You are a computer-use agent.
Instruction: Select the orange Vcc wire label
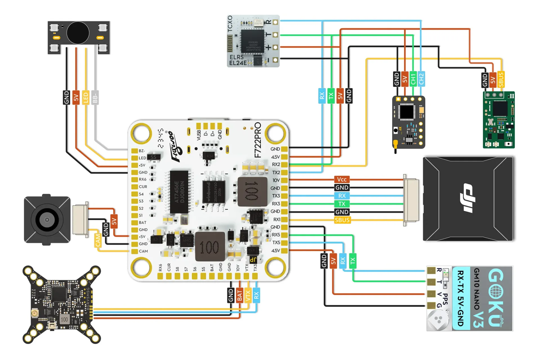[342, 180]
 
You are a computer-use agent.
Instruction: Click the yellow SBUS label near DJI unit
[342, 220]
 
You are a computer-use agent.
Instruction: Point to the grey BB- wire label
[95, 98]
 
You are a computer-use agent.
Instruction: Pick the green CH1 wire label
[413, 79]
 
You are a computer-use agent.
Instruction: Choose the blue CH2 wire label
[421, 79]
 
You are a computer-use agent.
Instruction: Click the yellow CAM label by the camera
[98, 241]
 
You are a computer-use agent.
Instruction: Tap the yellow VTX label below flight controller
[248, 296]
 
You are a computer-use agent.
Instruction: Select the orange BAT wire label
[239, 296]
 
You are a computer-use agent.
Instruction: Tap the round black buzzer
[78, 33]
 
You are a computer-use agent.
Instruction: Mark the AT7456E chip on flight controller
[179, 192]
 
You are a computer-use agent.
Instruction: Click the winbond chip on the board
[214, 192]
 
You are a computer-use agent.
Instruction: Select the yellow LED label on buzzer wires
[86, 98]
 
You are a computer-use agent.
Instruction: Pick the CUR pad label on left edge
[143, 187]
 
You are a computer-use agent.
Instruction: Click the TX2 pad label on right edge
[276, 172]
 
